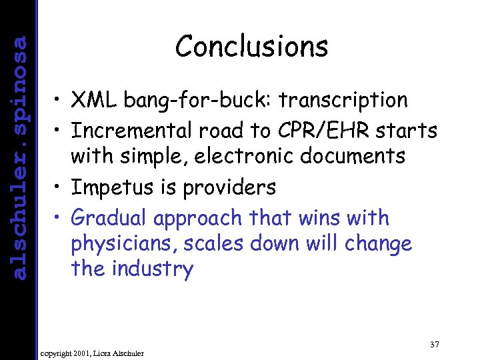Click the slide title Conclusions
[x=251, y=47]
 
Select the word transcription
[x=343, y=100]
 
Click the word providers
[x=224, y=188]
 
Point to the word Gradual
[x=109, y=218]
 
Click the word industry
[x=153, y=269]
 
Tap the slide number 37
[x=434, y=344]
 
